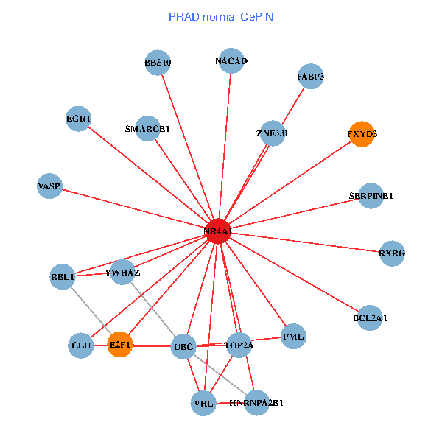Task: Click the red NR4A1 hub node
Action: click(x=218, y=231)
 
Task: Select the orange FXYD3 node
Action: click(x=361, y=134)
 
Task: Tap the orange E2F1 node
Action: click(x=119, y=344)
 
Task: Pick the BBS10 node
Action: click(x=158, y=63)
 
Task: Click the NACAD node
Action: click(x=231, y=61)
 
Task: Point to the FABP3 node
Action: click(x=311, y=76)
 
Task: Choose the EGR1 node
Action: click(x=78, y=119)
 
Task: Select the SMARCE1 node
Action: click(x=148, y=128)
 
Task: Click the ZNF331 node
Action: click(x=273, y=133)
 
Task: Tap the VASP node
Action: click(x=49, y=186)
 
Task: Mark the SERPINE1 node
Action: click(x=371, y=196)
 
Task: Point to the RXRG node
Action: click(x=392, y=253)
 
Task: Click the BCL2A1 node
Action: click(x=370, y=318)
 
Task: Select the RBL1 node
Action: click(x=63, y=277)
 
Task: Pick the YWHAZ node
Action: click(x=123, y=273)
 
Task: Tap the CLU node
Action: click(x=81, y=345)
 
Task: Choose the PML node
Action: click(x=293, y=337)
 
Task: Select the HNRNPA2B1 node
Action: click(x=256, y=403)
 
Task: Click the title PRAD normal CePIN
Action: click(x=220, y=16)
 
